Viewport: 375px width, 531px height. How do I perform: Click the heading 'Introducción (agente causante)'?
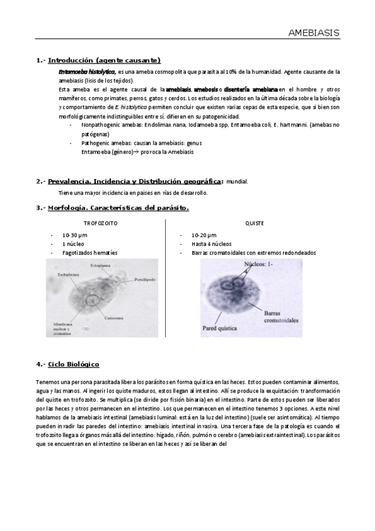pyautogui.click(x=104, y=61)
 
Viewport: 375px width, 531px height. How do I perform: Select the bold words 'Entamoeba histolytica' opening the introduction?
pyautogui.click(x=86, y=73)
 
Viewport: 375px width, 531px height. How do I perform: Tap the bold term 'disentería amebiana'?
pyautogui.click(x=250, y=90)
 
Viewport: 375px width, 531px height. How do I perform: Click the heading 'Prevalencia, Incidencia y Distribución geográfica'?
pyautogui.click(x=135, y=182)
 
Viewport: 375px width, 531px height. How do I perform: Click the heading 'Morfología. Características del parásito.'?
pyautogui.click(x=118, y=207)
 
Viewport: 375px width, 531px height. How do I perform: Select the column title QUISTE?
pyautogui.click(x=254, y=223)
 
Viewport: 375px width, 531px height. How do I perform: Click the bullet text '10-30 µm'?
pyautogui.click(x=74, y=234)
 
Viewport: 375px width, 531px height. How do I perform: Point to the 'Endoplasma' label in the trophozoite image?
pyautogui.click(x=68, y=274)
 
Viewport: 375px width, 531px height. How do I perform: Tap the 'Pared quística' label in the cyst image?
pyautogui.click(x=218, y=327)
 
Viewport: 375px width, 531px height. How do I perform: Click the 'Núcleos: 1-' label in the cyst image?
pyautogui.click(x=258, y=264)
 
